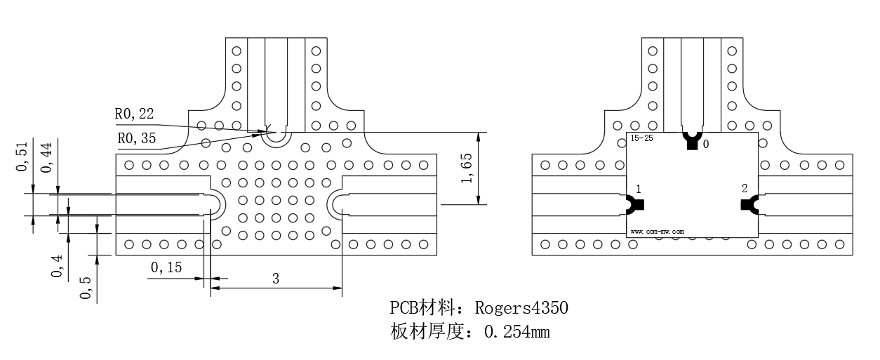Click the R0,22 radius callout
[134, 114]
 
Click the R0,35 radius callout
[137, 138]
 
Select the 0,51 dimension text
[22, 156]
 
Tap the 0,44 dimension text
[46, 158]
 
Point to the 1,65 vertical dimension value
[467, 168]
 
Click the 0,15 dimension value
[166, 267]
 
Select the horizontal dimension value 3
[276, 279]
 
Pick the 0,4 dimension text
[57, 266]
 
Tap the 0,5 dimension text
[85, 288]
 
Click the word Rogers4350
[521, 308]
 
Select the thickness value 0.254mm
[517, 332]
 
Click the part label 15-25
[641, 138]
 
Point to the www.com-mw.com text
[658, 232]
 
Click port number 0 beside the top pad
[706, 145]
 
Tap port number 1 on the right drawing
[639, 189]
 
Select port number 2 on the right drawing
[745, 189]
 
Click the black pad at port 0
[692, 140]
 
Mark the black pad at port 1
[635, 204]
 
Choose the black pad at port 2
[749, 204]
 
